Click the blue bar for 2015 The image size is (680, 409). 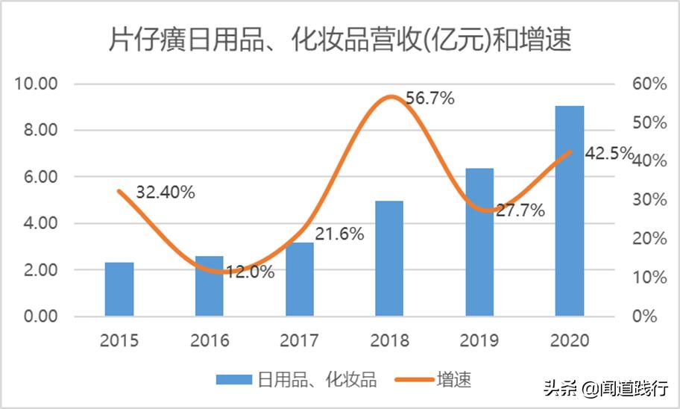click(119, 290)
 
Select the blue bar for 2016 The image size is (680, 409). click(210, 287)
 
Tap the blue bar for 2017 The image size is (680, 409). click(300, 279)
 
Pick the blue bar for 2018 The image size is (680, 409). click(389, 258)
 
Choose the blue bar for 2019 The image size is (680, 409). click(479, 243)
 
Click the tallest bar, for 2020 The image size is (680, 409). click(570, 211)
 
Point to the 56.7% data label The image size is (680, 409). click(430, 98)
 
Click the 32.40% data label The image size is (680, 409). click(166, 192)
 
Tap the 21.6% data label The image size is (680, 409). click(339, 234)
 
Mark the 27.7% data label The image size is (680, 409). click(520, 210)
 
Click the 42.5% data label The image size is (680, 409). click(608, 154)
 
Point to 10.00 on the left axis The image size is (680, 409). click(37, 84)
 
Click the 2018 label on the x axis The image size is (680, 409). click(389, 340)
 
